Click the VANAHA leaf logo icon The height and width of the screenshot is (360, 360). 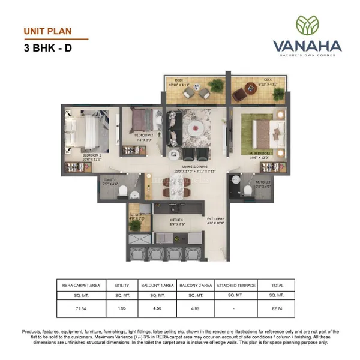click(x=307, y=25)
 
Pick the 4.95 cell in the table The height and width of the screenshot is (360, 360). click(x=196, y=308)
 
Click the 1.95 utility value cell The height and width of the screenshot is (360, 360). click(x=121, y=308)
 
